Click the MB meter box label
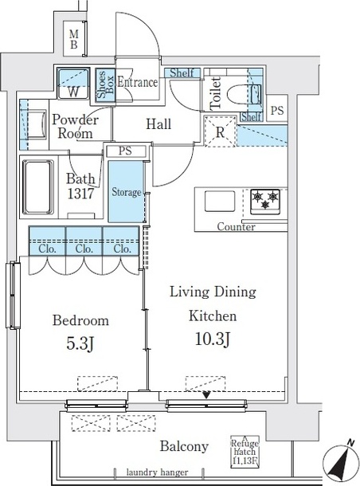73,39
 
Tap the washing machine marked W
73,83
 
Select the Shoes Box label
105,84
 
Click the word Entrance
137,82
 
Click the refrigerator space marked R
220,131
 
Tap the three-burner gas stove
265,202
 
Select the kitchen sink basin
220,202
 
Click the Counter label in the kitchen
236,227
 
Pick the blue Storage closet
126,191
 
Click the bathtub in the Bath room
38,187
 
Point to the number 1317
80,194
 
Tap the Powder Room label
75,127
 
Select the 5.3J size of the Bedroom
80,343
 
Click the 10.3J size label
213,339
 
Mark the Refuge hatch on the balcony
245,451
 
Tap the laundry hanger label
157,472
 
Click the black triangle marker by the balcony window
206,395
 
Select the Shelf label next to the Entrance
182,73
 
